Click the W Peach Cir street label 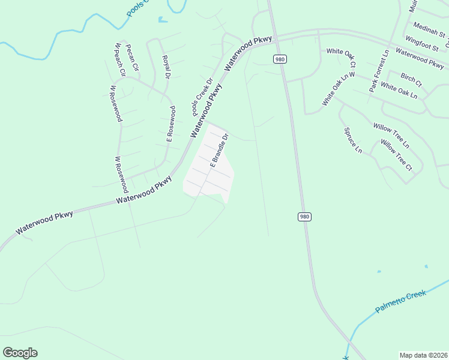118,59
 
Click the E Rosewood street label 171,124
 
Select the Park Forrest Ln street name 379,70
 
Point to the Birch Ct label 411,79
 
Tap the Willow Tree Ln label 391,135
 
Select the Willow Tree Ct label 396,155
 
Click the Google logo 20,353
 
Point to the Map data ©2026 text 423,355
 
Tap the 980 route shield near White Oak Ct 280,59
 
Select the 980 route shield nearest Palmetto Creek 304,217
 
